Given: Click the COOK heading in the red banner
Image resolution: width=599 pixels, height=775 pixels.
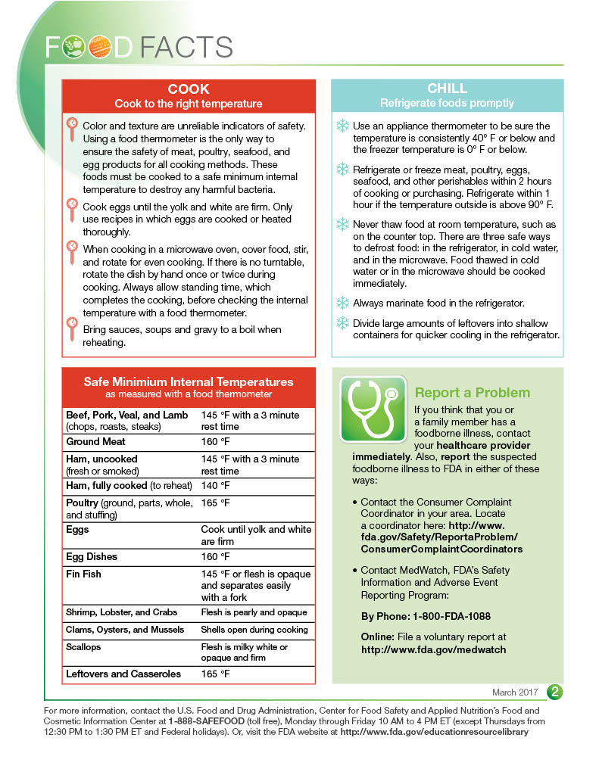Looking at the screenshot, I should pos(189,89).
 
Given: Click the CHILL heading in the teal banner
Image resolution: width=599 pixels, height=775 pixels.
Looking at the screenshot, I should pos(447,89).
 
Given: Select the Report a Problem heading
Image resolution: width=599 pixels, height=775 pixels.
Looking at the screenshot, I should pos(472,393).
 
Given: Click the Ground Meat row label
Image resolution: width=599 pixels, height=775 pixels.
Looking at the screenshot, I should pos(96,442).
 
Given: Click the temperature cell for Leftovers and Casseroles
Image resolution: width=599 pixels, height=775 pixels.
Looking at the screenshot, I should pos(215,674).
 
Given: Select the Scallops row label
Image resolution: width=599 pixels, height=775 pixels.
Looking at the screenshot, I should pos(83,648).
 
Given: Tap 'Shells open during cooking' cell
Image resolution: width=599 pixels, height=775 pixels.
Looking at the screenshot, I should pos(254,630).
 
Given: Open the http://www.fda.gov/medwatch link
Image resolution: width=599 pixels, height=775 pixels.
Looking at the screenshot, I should pos(433,649).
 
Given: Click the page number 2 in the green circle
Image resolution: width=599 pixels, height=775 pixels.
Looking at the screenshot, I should pos(555,692).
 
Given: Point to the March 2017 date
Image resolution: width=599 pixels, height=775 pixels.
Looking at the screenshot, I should pos(516,693).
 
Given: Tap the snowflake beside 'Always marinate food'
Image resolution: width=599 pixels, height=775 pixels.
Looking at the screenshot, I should pos(342,303).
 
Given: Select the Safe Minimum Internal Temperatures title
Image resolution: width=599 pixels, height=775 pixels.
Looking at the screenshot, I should pos(188,382).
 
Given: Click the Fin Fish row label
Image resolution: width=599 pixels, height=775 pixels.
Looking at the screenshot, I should pos(83,574).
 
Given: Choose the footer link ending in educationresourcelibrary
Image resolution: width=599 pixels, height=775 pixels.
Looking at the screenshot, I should pos(433,733).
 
